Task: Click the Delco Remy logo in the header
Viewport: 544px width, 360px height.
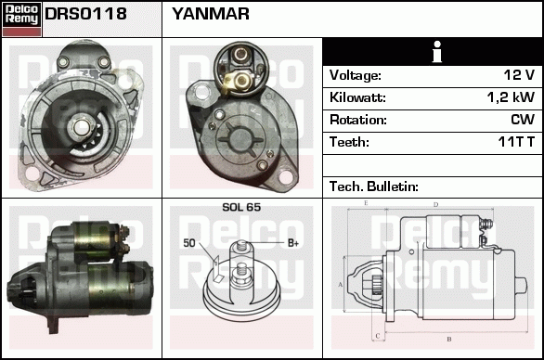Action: click(21, 19)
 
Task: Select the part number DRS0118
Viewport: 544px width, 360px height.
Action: click(85, 14)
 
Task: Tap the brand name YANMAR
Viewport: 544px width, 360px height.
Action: click(211, 14)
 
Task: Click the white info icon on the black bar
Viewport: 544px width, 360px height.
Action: click(437, 52)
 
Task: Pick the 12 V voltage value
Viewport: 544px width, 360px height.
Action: click(519, 75)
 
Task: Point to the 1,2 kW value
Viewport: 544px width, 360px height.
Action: click(511, 97)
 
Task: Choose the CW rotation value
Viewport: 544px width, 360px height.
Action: click(523, 120)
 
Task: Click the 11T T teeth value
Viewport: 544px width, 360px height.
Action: click(516, 142)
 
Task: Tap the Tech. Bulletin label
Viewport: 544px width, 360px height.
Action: click(374, 186)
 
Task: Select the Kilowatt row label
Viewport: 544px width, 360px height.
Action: click(357, 97)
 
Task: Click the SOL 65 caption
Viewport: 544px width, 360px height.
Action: click(241, 207)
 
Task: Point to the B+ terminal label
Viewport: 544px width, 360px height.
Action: click(293, 243)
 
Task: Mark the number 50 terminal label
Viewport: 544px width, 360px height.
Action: click(189, 243)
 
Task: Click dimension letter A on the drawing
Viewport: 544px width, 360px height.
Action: click(340, 285)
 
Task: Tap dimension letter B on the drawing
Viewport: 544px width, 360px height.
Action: click(449, 339)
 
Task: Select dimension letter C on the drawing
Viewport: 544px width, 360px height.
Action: click(378, 336)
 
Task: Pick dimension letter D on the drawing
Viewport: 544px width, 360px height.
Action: click(436, 205)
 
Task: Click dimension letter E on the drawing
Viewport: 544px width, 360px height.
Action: click(366, 203)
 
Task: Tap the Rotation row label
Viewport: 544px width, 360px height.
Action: click(358, 120)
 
